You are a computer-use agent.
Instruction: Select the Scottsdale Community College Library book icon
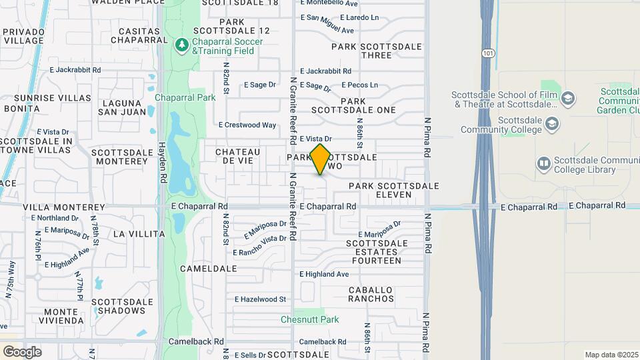coord(543,163)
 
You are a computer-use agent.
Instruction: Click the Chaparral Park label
coord(185,97)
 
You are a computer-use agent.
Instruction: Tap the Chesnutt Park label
coord(309,319)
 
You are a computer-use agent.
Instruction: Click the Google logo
coord(22,351)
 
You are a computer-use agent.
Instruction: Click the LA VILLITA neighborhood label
coord(139,234)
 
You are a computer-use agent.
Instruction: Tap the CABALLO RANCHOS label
coord(371,294)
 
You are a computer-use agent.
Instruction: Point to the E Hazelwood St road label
coord(260,299)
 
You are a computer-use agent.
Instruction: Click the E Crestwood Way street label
coord(247,125)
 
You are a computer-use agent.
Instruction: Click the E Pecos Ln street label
coord(359,85)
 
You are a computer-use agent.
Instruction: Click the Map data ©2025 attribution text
coord(611,355)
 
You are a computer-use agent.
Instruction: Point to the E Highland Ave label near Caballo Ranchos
coord(324,274)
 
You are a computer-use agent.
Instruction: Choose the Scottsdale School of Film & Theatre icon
coord(568,99)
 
